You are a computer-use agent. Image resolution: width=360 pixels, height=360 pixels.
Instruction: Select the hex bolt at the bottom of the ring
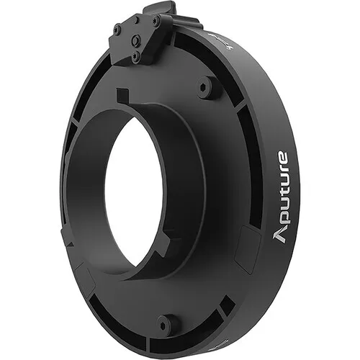pos(167,323)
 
